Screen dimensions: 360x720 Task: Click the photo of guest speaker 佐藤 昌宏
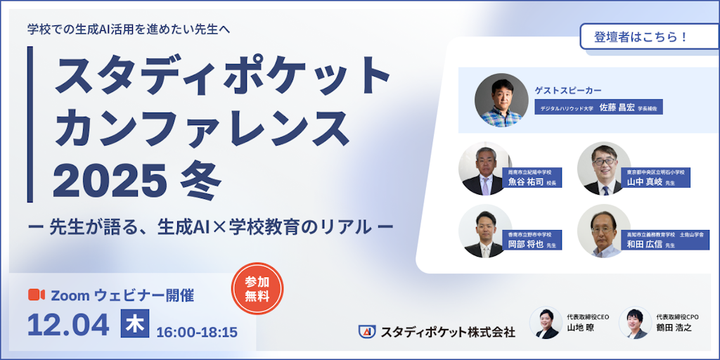pyautogui.click(x=501, y=101)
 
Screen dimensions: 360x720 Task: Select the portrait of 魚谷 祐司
pyautogui.click(x=484, y=169)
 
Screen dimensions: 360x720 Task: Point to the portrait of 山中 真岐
pyautogui.click(x=603, y=169)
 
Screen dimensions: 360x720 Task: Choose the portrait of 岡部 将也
pyautogui.click(x=484, y=231)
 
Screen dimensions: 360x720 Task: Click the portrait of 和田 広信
pyautogui.click(x=603, y=231)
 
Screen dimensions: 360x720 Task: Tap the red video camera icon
pyautogui.click(x=36, y=295)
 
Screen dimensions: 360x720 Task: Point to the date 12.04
pyautogui.click(x=68, y=325)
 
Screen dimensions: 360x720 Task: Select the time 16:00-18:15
pyautogui.click(x=197, y=331)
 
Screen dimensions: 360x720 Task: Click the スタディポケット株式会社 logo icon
pyautogui.click(x=366, y=330)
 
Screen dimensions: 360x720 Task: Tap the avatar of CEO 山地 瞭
pyautogui.click(x=546, y=323)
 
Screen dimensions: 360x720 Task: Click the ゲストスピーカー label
pyautogui.click(x=568, y=90)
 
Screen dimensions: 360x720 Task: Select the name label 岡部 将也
pyautogui.click(x=525, y=245)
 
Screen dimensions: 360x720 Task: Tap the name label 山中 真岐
pyautogui.click(x=645, y=182)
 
